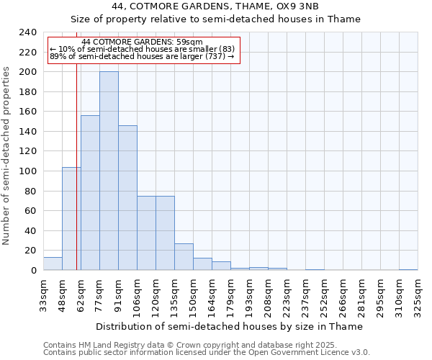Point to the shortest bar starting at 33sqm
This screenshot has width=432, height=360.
point(53,264)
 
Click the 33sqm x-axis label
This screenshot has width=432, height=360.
point(43,294)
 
